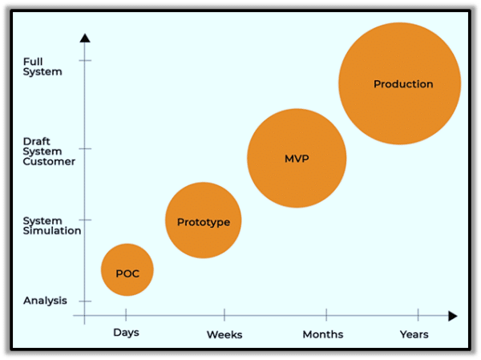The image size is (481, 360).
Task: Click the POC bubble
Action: pos(127,270)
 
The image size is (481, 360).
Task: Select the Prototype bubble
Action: pos(203,220)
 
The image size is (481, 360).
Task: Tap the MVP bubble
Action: pos(297,158)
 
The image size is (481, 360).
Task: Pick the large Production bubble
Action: pos(399,83)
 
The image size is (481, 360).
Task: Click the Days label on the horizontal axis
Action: pos(127,332)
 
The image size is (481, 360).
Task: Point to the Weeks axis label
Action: pos(224,334)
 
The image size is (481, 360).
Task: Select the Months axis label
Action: pos(323,334)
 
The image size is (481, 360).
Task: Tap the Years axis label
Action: pos(414,334)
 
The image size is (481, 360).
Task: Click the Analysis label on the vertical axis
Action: pos(45,301)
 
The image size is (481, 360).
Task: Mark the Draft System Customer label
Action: pos(48,150)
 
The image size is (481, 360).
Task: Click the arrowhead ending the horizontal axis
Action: pos(453,316)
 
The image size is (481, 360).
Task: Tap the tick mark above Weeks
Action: pos(224,315)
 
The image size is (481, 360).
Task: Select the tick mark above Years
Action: pos(418,315)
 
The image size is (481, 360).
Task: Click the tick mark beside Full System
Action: pos(85,60)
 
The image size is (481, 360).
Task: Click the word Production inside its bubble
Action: pos(403,84)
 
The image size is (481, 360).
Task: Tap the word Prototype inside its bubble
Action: pos(204,222)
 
